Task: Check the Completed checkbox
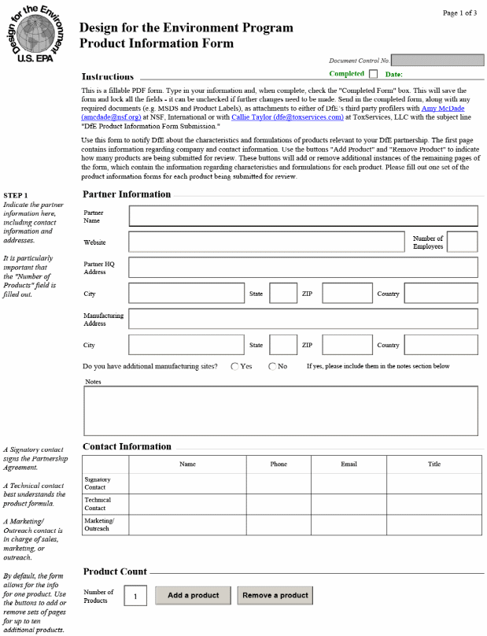coord(374,74)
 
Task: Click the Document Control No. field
coord(437,60)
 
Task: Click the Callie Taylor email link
coord(287,117)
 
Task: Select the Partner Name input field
coord(303,216)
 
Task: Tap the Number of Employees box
coord(463,242)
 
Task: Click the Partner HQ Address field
coord(303,268)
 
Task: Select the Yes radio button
coord(235,367)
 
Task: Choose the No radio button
coord(272,367)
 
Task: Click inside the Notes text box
coord(280,410)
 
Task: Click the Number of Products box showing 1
coord(135,597)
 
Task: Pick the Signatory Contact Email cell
coord(349,483)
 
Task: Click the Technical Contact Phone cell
coord(279,504)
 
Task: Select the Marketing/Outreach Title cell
coord(434,525)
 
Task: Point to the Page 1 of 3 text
coord(460,13)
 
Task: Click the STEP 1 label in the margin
coord(15,195)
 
